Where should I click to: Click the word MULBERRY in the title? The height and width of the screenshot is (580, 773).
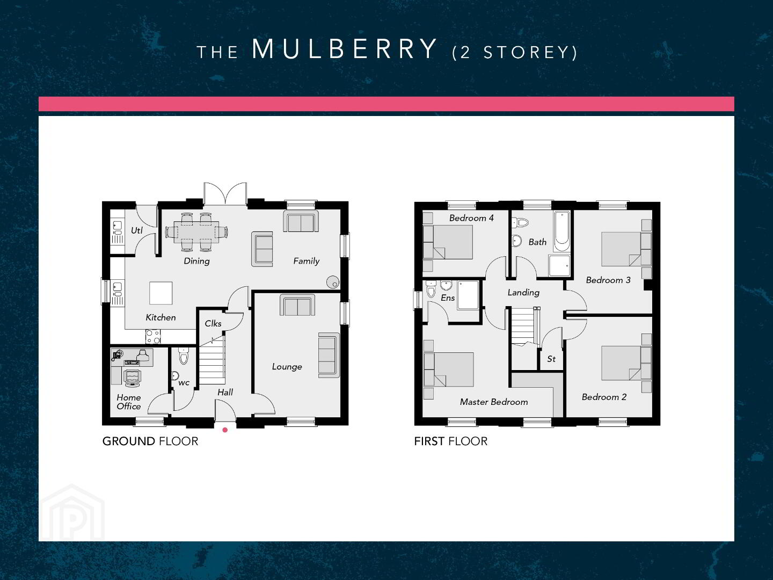point(344,49)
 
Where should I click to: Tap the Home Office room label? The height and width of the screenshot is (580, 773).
point(128,402)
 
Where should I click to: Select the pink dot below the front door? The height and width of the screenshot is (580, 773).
point(225,430)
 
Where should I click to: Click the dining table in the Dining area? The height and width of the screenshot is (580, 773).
point(196,232)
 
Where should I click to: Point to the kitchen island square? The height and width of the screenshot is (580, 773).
point(161,293)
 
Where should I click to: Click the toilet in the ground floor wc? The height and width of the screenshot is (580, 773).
point(184,356)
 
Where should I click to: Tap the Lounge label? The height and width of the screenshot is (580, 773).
point(287,367)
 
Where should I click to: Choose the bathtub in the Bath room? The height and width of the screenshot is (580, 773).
point(561,231)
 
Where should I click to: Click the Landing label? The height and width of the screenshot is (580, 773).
point(523,292)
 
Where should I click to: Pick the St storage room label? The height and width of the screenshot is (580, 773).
point(551,359)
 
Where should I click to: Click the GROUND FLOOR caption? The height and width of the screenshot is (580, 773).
point(150,441)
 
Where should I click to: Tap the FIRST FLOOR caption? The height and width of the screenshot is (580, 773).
point(451,441)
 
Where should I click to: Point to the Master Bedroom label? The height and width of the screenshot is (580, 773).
point(494,402)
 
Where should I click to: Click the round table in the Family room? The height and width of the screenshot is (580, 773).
point(333,282)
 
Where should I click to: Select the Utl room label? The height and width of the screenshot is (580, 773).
point(137,230)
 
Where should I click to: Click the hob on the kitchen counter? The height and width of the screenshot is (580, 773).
point(153,336)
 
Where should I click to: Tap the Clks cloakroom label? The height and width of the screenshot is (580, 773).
point(213,323)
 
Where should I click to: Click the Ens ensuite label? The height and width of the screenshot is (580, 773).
point(448,298)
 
